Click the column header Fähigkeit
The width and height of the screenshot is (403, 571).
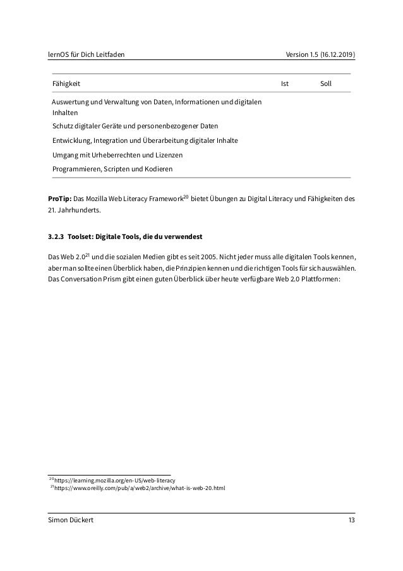pos(66,83)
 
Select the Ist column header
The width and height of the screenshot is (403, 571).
pos(285,83)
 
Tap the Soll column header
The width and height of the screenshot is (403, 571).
pos(326,83)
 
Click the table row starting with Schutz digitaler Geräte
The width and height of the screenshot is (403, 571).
pos(135,125)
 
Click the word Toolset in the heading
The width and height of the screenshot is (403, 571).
pos(82,237)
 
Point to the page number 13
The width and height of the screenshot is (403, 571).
pos(351,520)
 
